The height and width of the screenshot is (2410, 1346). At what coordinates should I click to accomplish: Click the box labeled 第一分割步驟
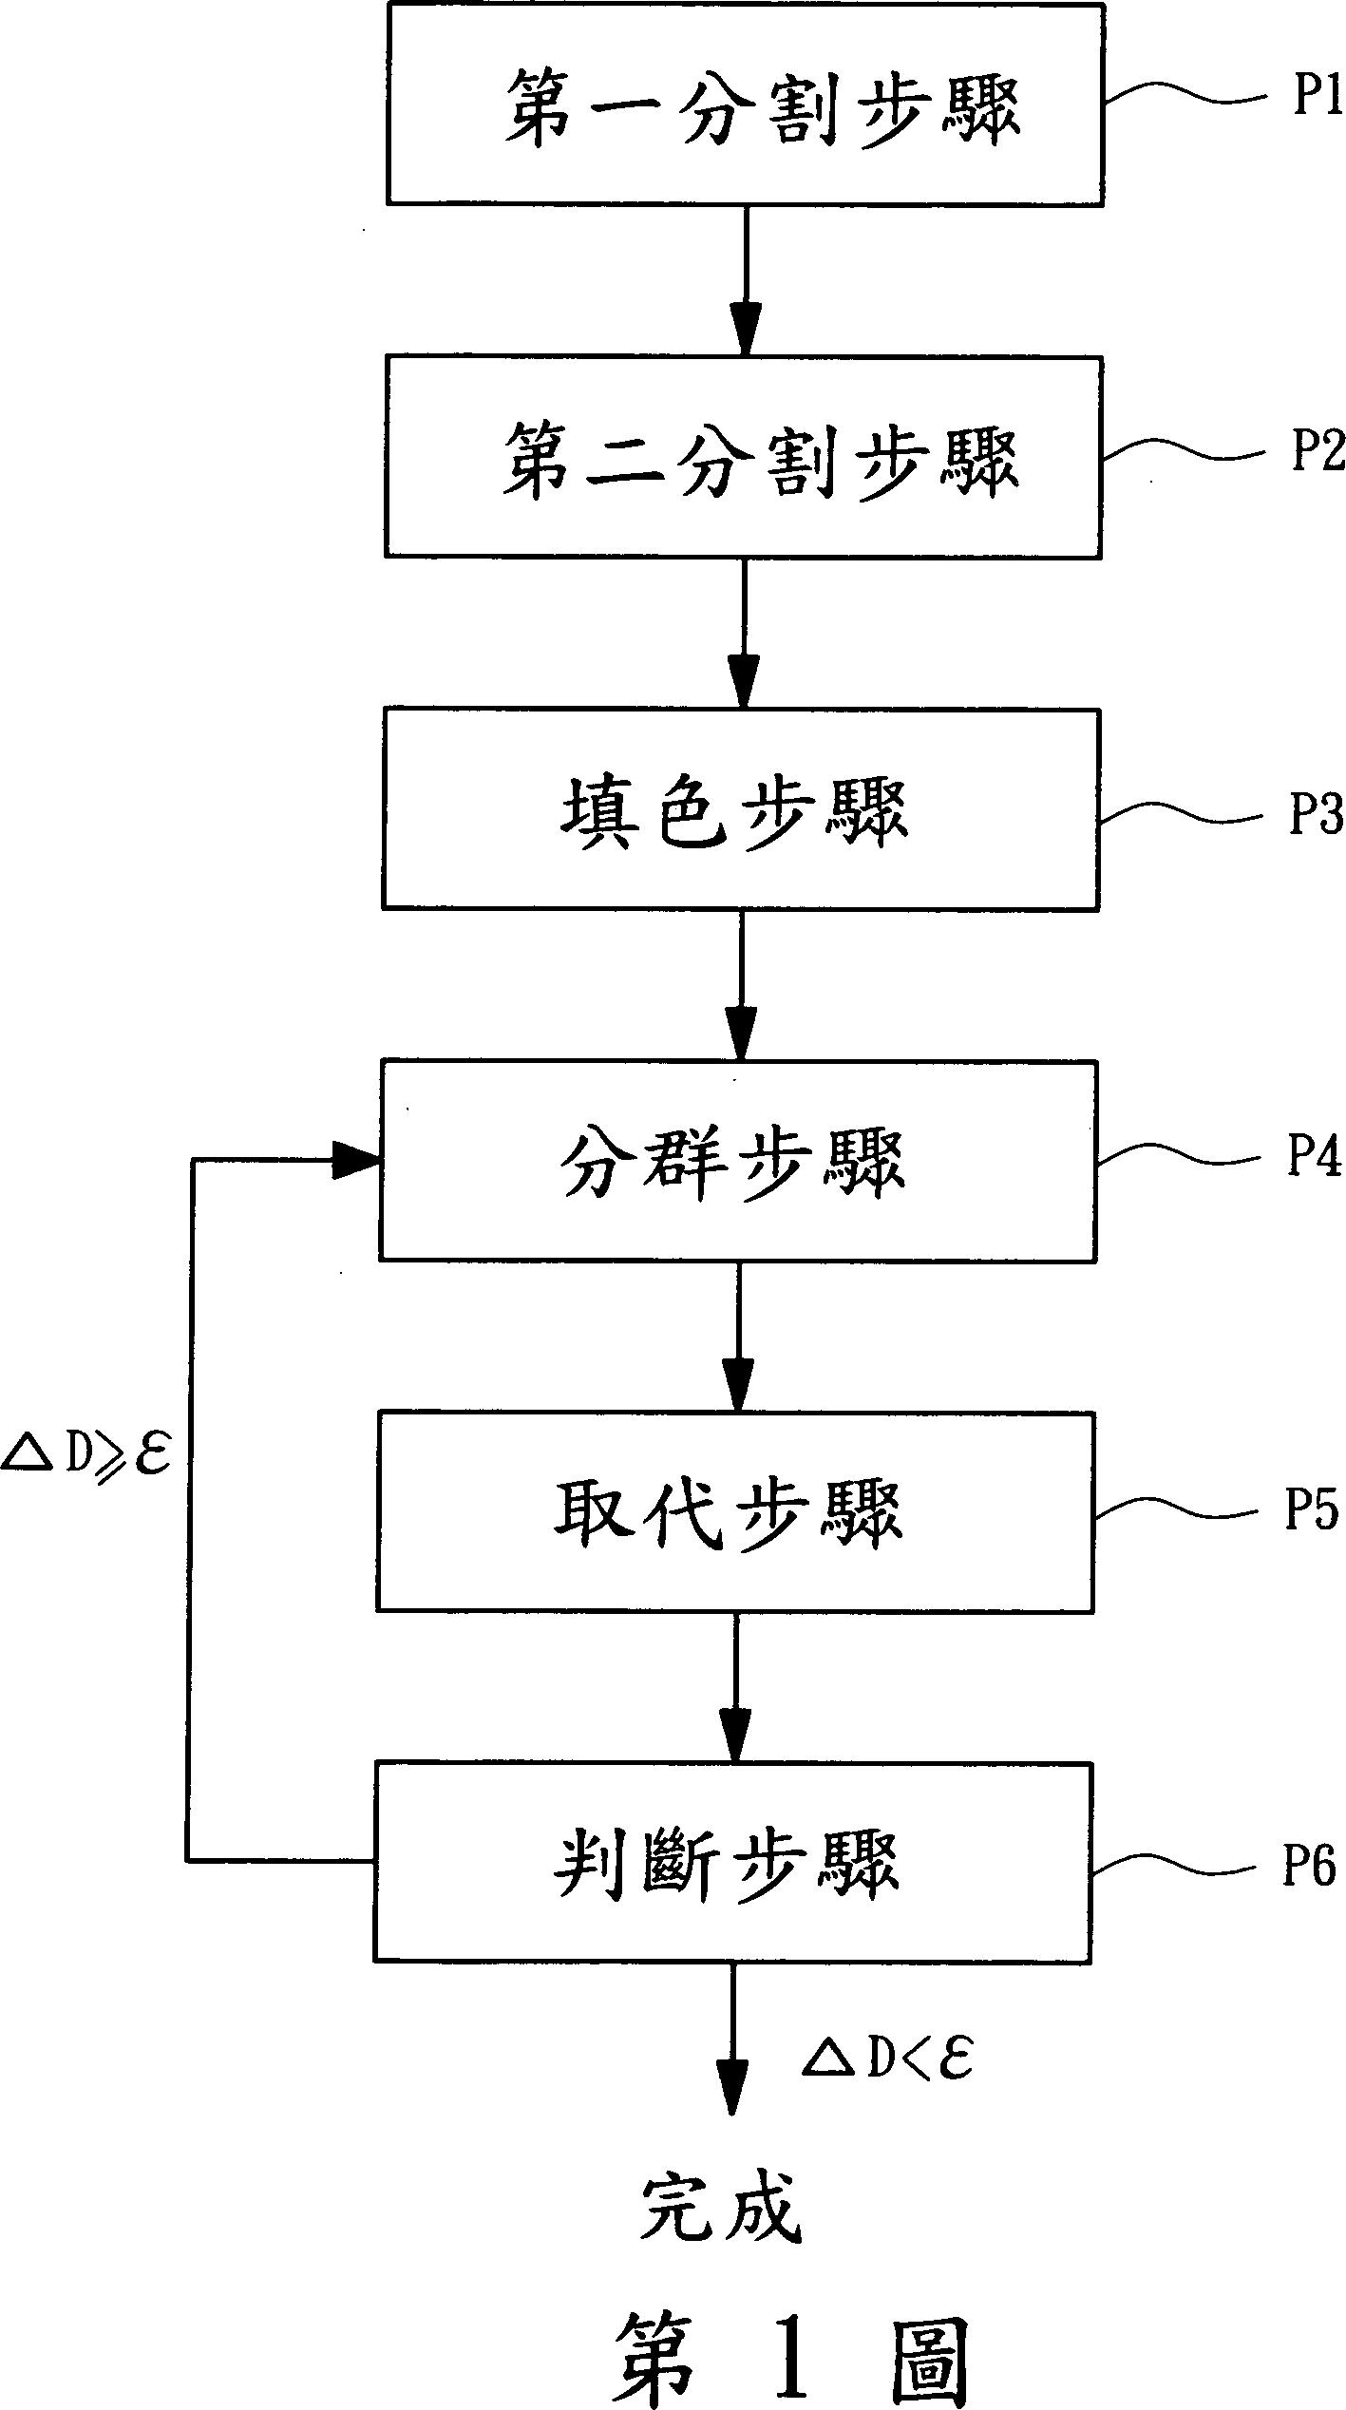tap(744, 105)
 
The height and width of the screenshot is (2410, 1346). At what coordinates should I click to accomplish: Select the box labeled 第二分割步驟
tap(743, 457)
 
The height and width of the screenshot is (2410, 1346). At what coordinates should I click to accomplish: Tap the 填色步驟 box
tap(740, 808)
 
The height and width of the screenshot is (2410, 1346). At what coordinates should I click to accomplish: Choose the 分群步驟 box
tap(738, 1161)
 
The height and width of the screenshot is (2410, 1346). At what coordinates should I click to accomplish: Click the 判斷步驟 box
tap(732, 1861)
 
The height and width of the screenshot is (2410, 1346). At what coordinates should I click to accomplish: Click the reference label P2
tap(1317, 448)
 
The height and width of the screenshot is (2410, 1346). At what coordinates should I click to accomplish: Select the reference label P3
tap(1316, 814)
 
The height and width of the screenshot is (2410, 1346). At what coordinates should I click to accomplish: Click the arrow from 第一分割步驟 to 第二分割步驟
tap(745, 280)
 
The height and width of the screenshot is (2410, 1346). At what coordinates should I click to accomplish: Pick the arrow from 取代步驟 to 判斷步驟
tap(734, 1686)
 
